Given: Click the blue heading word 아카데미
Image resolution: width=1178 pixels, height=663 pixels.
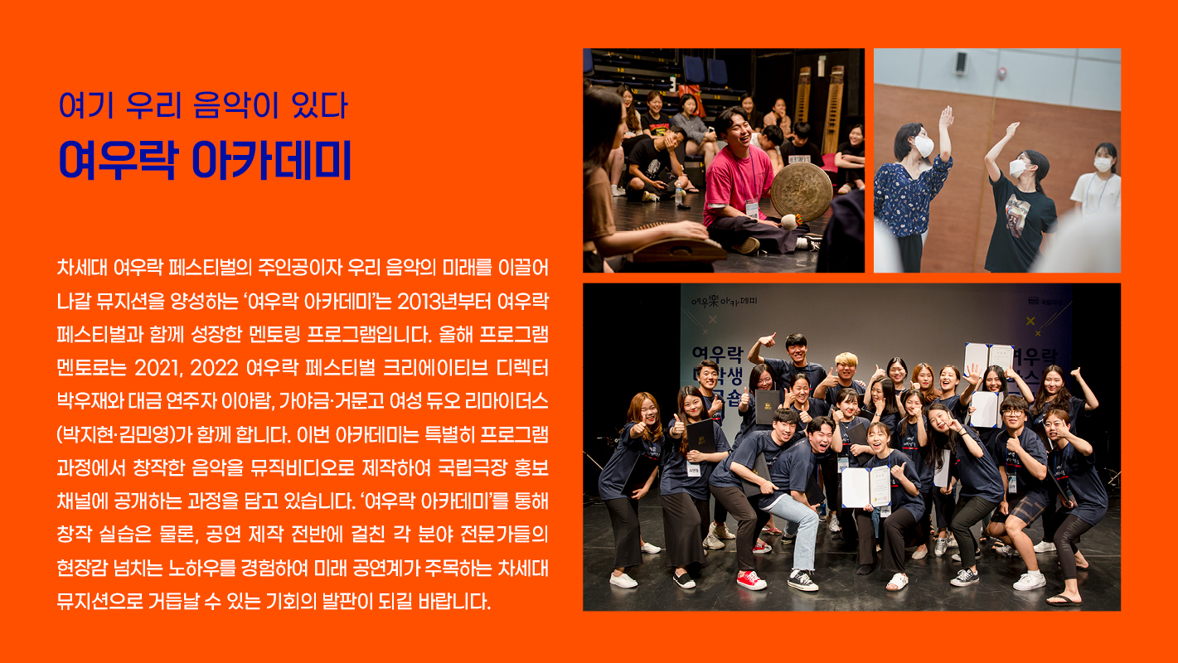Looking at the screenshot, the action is [272, 160].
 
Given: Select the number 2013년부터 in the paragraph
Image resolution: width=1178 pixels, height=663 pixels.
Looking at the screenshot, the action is [444, 302].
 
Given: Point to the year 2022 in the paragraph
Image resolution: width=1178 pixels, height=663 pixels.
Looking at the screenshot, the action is [214, 368].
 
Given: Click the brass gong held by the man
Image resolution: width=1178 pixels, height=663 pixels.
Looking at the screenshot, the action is [802, 191].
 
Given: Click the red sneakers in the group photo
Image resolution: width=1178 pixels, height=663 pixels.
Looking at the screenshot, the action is [751, 580].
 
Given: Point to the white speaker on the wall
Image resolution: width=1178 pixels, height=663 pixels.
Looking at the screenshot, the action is [962, 63].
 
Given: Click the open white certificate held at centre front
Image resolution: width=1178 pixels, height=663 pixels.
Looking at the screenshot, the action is [866, 486].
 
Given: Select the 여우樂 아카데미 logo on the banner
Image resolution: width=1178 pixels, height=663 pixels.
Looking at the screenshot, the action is [725, 302].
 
